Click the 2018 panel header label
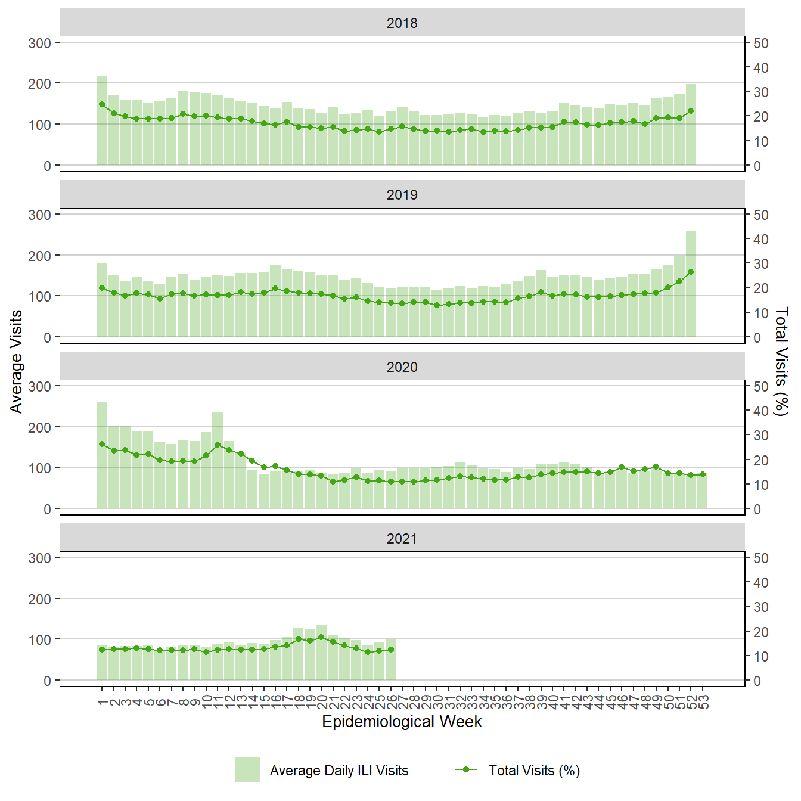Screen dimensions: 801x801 [402, 23]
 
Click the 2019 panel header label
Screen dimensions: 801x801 [402, 195]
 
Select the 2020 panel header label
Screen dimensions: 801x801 [402, 367]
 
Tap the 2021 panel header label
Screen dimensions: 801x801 [402, 539]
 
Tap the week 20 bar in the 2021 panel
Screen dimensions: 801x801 [321, 653]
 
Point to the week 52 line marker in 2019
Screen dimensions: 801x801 [691, 272]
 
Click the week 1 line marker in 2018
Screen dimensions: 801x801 [102, 104]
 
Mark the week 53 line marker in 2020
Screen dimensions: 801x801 [703, 474]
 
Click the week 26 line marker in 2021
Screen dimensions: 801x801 [391, 650]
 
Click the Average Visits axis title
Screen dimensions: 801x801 [16, 362]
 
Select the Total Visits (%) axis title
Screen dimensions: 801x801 [781, 362]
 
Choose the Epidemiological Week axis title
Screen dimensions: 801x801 [402, 722]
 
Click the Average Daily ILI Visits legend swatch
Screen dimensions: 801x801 [247, 769]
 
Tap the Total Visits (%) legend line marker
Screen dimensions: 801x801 [466, 769]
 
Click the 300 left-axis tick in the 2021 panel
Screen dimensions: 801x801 [40, 558]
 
